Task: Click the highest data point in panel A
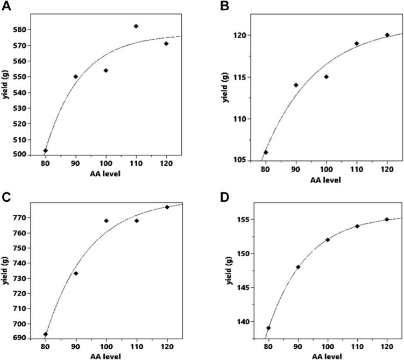[x=136, y=26]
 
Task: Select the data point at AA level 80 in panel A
[x=46, y=151]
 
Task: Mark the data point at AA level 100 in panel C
[x=106, y=221]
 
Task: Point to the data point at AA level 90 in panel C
[x=76, y=273]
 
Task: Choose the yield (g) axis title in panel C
[x=6, y=271]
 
